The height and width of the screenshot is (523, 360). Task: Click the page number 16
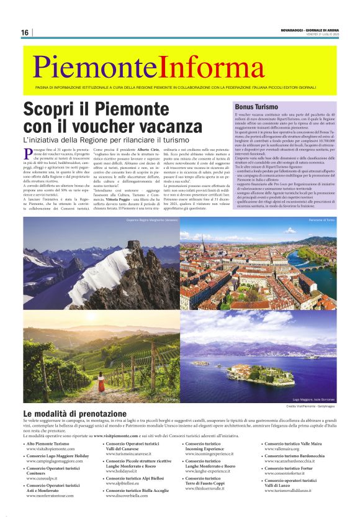point(25,32)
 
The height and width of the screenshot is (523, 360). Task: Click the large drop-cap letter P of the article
point(29,153)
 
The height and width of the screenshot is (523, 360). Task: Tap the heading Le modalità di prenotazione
point(74,413)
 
